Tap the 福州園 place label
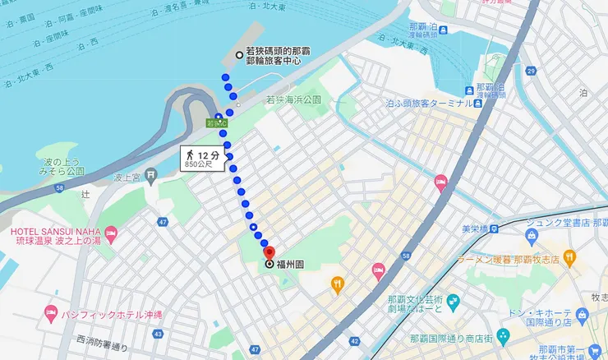292,265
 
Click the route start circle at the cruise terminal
239,55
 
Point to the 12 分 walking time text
209,154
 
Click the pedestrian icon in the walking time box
191,155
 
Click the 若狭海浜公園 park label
293,99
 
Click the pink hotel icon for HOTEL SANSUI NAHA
111,235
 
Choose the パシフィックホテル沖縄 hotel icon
51,314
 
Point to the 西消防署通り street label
108,339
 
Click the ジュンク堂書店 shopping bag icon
531,236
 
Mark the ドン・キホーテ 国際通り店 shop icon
583,314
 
